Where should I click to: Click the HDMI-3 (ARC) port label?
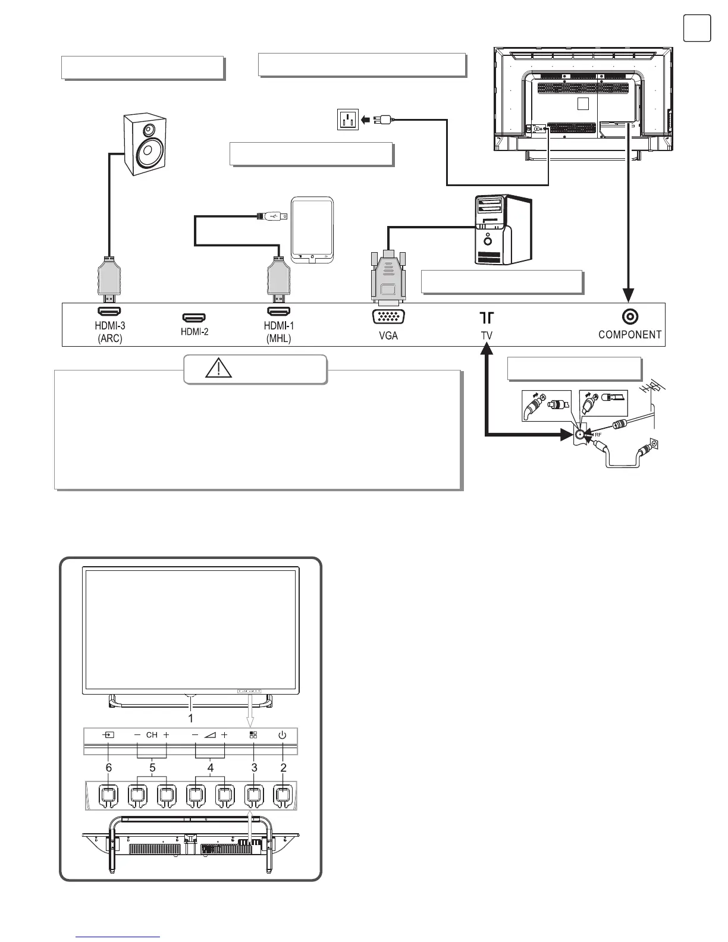point(110,331)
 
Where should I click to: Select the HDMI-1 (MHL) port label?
point(278,331)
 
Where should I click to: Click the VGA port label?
point(388,335)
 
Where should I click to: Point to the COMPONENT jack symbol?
point(630,316)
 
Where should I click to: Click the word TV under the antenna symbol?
point(487,335)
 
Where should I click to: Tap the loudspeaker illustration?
point(145,145)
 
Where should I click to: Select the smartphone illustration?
point(312,230)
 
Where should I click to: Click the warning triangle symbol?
point(219,369)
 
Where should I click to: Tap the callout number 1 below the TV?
point(191,718)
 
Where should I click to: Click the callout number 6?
point(109,768)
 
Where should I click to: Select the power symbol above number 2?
point(282,735)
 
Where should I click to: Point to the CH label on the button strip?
point(152,735)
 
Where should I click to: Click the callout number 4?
point(211,768)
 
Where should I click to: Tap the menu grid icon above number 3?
point(253,735)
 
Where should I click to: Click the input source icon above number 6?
point(109,735)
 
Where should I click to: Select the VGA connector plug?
point(388,275)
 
